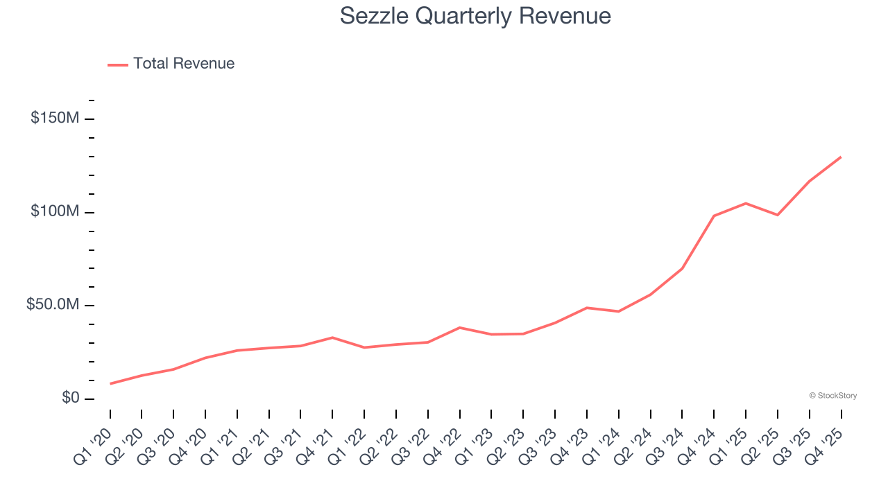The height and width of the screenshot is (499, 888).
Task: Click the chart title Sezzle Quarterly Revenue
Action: [x=475, y=16]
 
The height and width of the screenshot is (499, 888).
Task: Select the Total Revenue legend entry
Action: [x=184, y=64]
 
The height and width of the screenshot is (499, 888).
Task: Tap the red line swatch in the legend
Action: [x=118, y=64]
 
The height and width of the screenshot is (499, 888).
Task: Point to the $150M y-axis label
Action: [x=54, y=119]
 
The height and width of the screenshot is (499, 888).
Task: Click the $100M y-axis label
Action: [x=54, y=211]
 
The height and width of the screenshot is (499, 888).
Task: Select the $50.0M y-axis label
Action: [x=53, y=305]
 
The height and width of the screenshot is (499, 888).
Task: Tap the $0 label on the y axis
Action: [x=71, y=398]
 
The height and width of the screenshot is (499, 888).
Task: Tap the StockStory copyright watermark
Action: [x=832, y=396]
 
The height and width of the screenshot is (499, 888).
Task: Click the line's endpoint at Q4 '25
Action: [x=841, y=157]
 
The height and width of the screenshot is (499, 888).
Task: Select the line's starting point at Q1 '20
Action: [x=110, y=383]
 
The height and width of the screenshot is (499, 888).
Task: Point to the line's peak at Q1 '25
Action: [x=746, y=203]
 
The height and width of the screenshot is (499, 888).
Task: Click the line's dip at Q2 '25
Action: [x=778, y=215]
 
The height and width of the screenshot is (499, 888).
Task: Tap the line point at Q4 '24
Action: [x=714, y=216]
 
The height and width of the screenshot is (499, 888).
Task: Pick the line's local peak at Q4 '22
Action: [x=460, y=327]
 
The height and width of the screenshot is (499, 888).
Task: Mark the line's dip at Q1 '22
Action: [x=364, y=347]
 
